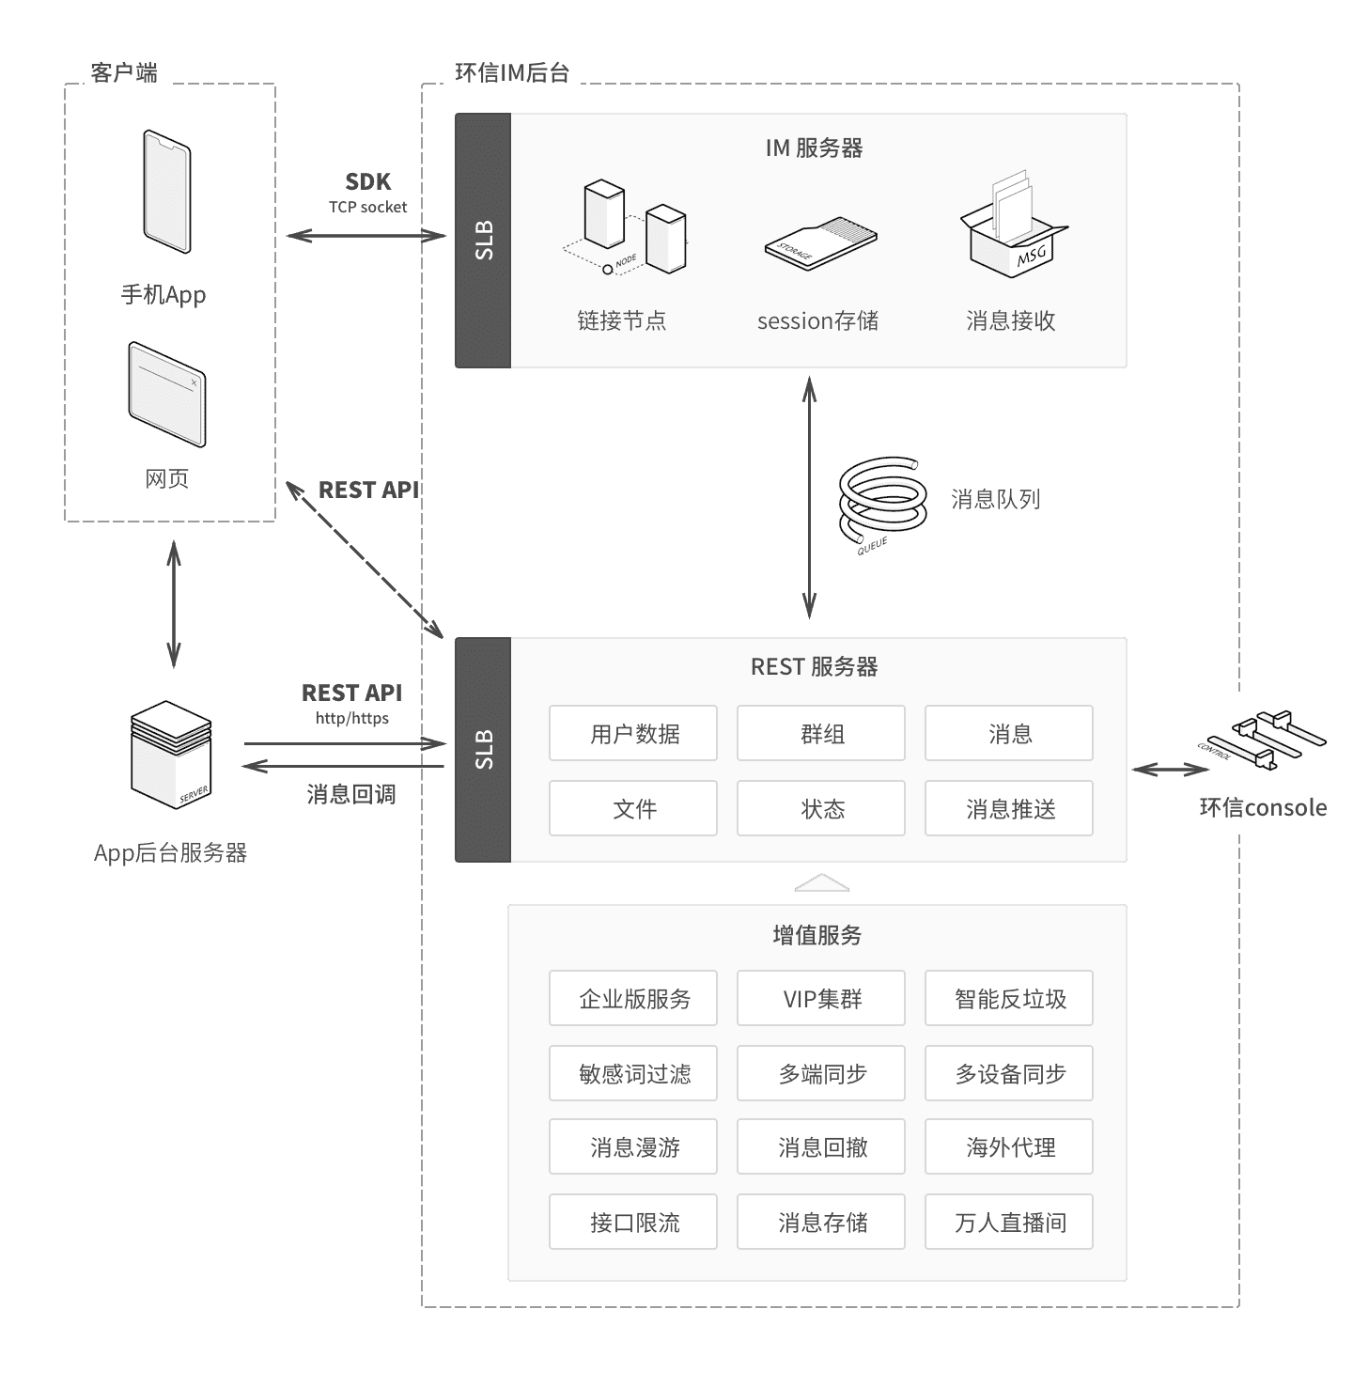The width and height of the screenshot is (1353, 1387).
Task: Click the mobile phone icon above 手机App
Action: (x=167, y=192)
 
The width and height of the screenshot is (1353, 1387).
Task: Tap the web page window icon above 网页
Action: (x=167, y=394)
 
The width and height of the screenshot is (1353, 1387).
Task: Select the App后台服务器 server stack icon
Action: (x=171, y=755)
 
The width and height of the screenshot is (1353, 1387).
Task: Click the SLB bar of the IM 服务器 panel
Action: (x=483, y=241)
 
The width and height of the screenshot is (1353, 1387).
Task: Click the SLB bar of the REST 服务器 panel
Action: (x=483, y=749)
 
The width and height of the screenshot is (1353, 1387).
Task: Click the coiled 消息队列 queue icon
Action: (x=881, y=502)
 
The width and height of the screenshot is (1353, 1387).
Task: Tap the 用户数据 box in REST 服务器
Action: (x=633, y=733)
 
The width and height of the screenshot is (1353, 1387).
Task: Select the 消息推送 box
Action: (x=1009, y=808)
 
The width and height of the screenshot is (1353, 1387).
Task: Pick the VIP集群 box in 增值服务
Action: (x=821, y=998)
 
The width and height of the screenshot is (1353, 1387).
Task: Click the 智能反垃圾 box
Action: (x=1009, y=998)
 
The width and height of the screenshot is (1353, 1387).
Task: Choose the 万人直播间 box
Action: (x=1009, y=1222)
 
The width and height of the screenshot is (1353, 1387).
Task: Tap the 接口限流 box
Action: (x=633, y=1222)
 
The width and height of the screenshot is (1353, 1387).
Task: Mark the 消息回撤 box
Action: (x=821, y=1146)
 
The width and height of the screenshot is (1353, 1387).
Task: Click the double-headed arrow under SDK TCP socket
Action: (x=366, y=236)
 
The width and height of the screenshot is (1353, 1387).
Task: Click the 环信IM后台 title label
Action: (x=512, y=72)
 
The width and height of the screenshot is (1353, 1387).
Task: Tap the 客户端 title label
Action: (x=127, y=72)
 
